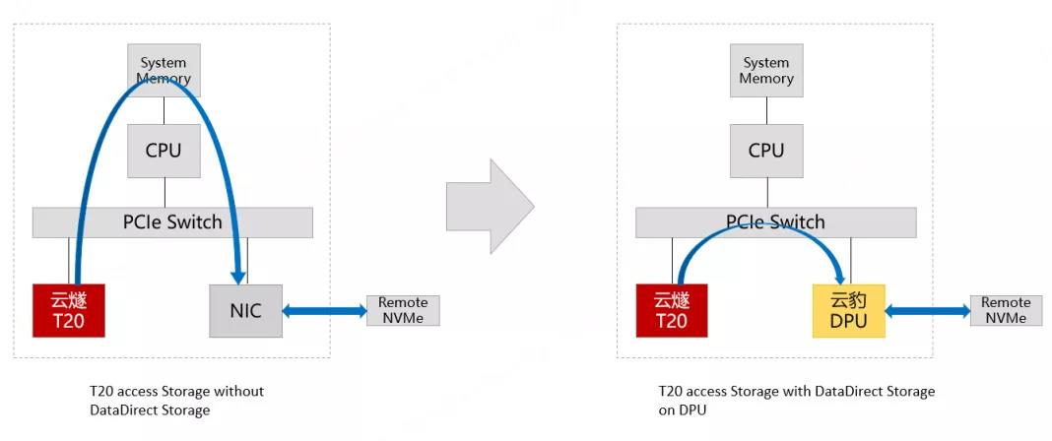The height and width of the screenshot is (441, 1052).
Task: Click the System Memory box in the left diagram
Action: pyautogui.click(x=164, y=70)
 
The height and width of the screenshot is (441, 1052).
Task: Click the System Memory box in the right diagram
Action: pyautogui.click(x=766, y=70)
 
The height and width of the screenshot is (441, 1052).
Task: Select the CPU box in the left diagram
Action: pyautogui.click(x=164, y=151)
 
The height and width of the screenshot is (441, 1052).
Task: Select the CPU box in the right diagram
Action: pyautogui.click(x=766, y=151)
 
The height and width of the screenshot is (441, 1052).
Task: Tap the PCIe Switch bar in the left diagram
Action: pyautogui.click(x=172, y=222)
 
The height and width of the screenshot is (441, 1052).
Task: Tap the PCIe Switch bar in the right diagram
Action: pyautogui.click(x=775, y=222)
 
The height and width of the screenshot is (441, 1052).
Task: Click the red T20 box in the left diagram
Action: pyautogui.click(x=69, y=310)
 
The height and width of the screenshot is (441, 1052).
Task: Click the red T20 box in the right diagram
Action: pyautogui.click(x=672, y=310)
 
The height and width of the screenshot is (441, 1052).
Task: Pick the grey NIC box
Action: pyautogui.click(x=245, y=310)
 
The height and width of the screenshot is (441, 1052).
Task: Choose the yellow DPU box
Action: pyautogui.click(x=849, y=310)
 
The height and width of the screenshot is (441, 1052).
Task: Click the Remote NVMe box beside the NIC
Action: pyautogui.click(x=403, y=310)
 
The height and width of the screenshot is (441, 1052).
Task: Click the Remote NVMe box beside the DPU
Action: pyautogui.click(x=1006, y=310)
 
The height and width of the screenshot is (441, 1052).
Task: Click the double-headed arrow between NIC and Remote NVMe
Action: pyautogui.click(x=324, y=311)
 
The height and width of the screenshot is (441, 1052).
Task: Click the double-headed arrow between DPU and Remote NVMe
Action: pyautogui.click(x=927, y=311)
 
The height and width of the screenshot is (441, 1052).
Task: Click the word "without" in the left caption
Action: pyautogui.click(x=240, y=391)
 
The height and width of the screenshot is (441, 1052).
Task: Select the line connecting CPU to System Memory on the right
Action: pyautogui.click(x=766, y=110)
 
